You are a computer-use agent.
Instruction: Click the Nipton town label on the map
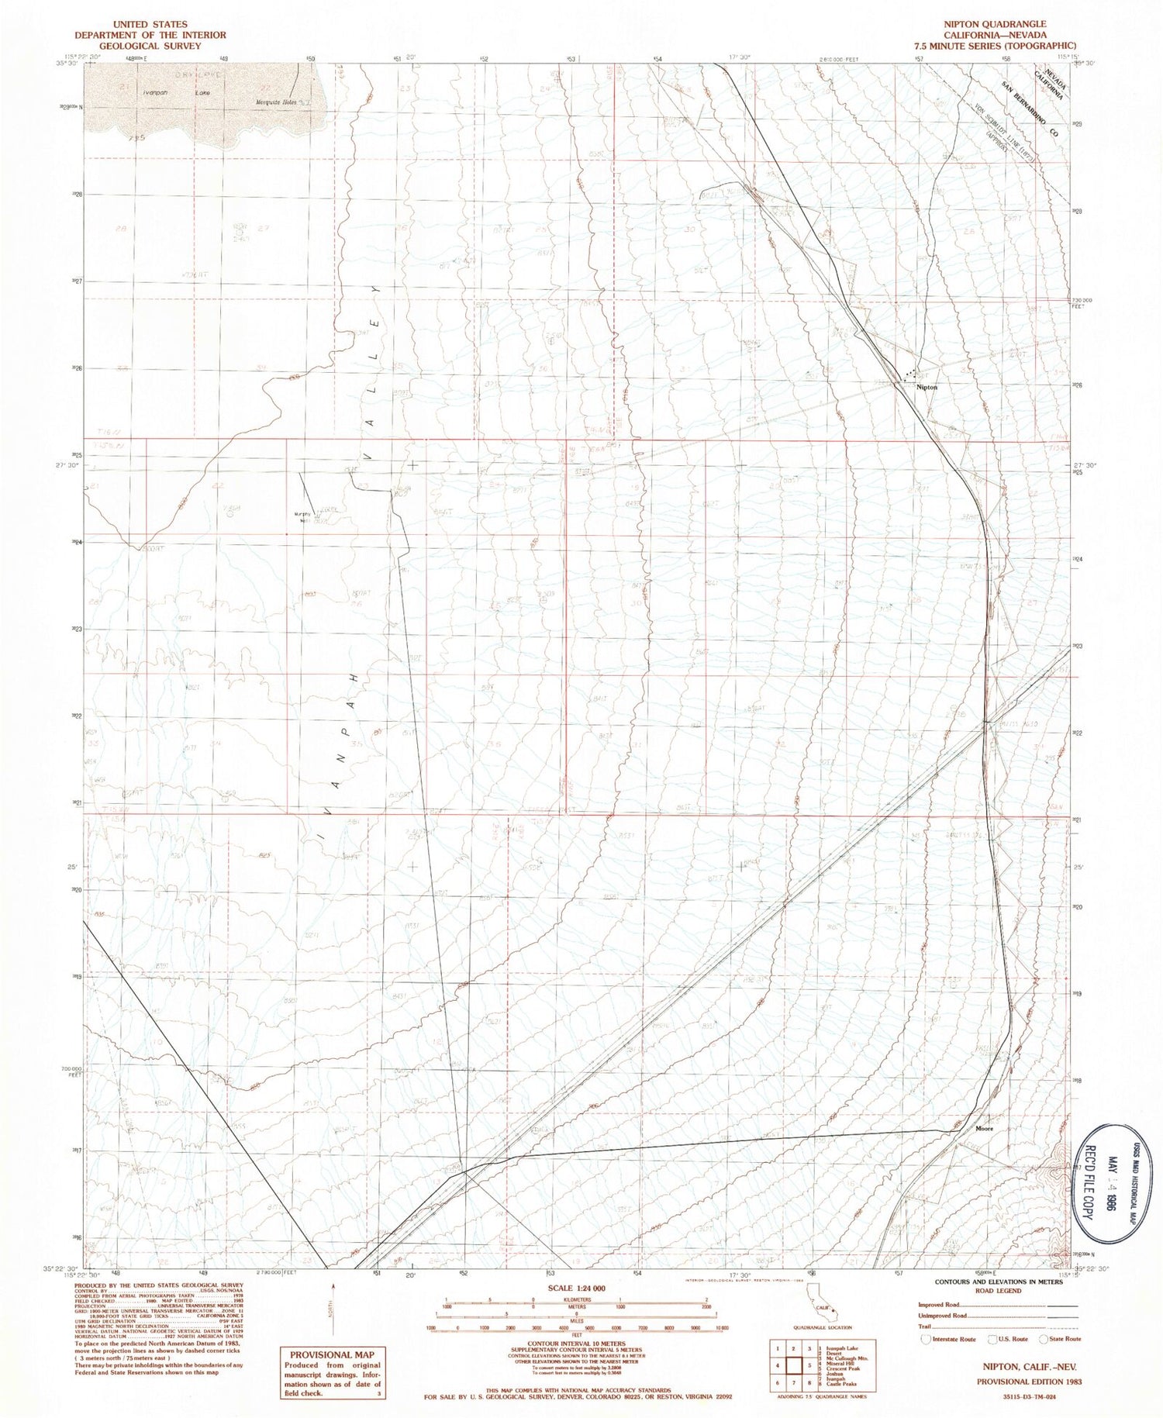click(x=927, y=387)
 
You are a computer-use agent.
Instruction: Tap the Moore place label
click(x=984, y=1128)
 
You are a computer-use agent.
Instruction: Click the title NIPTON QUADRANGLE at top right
click(x=1006, y=24)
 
